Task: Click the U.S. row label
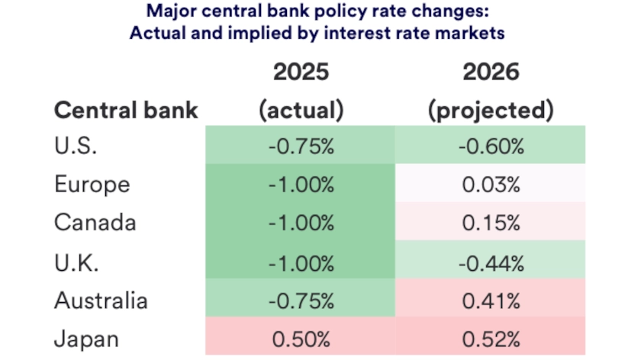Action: (x=76, y=146)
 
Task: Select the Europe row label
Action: (x=92, y=185)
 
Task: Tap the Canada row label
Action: (x=95, y=223)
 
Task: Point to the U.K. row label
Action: (x=76, y=262)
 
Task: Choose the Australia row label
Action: (x=101, y=301)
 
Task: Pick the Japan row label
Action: (x=86, y=339)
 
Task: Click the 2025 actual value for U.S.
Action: (x=301, y=146)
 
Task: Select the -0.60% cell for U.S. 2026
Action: (x=490, y=146)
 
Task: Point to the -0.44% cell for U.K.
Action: (x=490, y=262)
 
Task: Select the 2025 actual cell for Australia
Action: (x=301, y=301)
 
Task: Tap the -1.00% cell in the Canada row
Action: (x=301, y=223)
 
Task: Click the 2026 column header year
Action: (x=490, y=72)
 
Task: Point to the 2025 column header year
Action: (x=301, y=72)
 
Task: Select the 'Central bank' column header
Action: (x=126, y=110)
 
